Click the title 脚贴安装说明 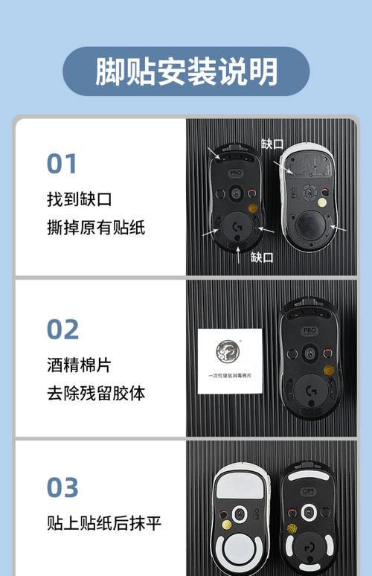click(186, 71)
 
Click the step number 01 click(62, 164)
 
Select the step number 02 click(62, 328)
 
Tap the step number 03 click(62, 487)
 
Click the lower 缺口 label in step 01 click(261, 257)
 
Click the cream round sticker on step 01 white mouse click(321, 202)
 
